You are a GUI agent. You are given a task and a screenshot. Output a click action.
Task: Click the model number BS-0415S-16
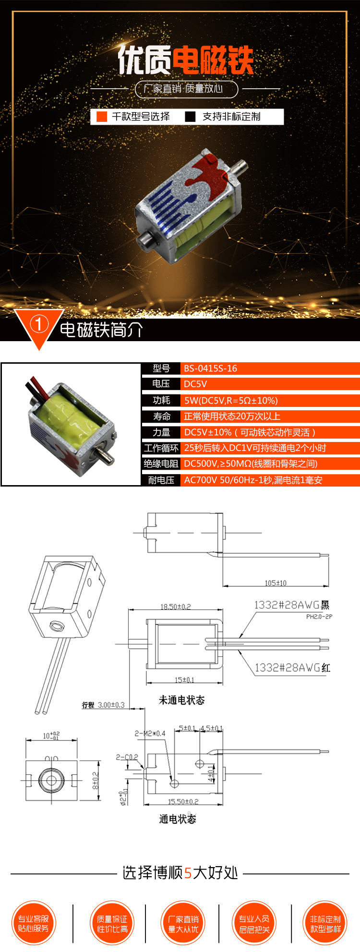(210, 369)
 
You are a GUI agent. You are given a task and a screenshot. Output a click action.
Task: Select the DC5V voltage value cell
(195, 384)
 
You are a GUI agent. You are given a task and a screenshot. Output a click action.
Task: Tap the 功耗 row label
(161, 400)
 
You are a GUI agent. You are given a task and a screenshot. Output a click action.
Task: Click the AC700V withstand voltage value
(253, 480)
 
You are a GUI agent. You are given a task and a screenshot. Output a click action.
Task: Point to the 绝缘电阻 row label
(161, 464)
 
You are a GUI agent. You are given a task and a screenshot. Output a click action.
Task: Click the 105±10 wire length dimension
(276, 583)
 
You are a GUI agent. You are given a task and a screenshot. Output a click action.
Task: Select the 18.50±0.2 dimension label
(175, 607)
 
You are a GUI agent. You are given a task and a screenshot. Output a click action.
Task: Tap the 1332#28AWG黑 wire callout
(291, 605)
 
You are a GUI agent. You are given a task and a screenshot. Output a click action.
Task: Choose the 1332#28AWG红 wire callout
(292, 667)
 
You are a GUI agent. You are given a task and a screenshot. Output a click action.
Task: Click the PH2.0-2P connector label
(319, 617)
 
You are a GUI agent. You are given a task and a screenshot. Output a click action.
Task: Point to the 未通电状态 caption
(181, 700)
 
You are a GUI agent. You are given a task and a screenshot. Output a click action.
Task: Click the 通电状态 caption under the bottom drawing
(178, 819)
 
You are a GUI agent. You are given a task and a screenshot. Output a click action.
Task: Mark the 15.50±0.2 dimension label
(183, 801)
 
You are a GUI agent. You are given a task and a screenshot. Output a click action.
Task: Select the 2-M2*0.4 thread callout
(150, 733)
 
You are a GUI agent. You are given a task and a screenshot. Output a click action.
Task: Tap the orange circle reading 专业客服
(34, 923)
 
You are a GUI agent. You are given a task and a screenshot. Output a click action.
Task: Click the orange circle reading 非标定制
(325, 923)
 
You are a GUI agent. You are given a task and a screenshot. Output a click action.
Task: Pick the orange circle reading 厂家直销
(183, 923)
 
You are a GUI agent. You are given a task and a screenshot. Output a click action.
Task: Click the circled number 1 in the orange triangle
(39, 324)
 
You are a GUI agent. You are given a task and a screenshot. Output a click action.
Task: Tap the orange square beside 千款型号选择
(102, 117)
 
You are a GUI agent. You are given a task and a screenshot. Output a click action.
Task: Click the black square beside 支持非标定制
(191, 117)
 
